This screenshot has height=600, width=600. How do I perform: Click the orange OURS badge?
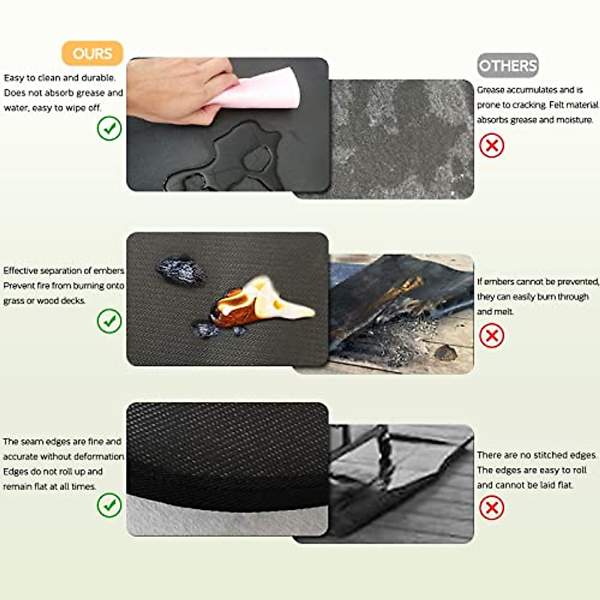point(92,53)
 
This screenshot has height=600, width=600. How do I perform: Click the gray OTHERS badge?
point(507,65)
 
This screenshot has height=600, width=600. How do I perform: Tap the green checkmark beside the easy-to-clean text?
point(109,128)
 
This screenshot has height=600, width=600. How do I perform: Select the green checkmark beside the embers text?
point(109,321)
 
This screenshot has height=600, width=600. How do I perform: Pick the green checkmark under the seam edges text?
point(109,505)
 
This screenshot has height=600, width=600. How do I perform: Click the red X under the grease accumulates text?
point(491,145)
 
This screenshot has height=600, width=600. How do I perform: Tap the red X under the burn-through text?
point(491,335)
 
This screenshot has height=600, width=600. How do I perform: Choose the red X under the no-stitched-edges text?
point(491,508)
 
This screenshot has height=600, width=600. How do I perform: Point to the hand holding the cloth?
point(175,90)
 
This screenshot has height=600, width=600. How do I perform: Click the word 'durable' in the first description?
point(98,78)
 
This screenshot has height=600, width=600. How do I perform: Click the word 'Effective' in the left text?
point(20,270)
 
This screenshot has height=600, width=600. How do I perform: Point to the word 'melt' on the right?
point(505,311)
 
